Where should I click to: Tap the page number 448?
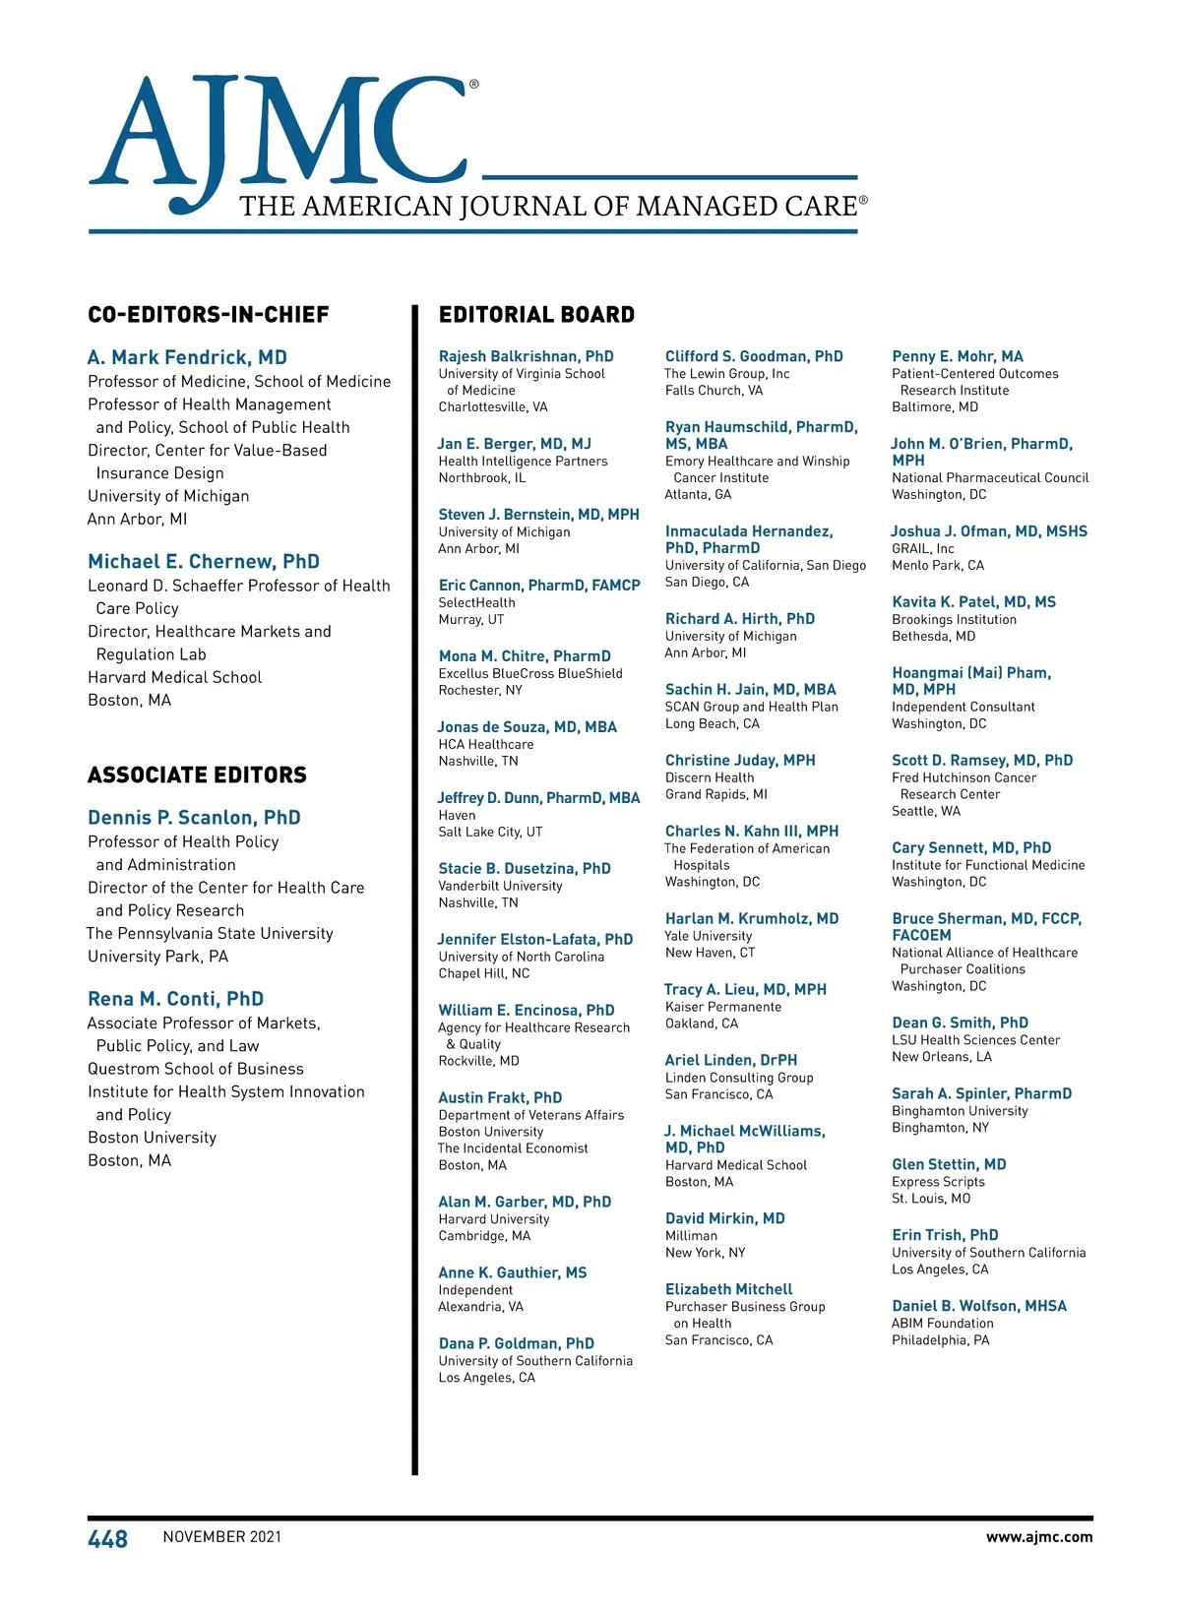click(107, 1539)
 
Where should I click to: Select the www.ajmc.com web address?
click(1038, 1537)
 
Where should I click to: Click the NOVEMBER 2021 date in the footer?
click(221, 1537)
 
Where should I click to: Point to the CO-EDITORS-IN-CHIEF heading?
click(208, 315)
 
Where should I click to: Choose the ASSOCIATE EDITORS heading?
click(197, 775)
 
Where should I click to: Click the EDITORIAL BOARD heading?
click(536, 315)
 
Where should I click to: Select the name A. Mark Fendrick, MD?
click(187, 357)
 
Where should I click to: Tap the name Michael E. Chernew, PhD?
click(203, 562)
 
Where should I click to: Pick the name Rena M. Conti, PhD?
click(175, 999)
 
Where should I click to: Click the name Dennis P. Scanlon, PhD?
click(194, 818)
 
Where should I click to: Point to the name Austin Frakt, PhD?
click(500, 1097)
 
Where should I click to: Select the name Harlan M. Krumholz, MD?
click(752, 918)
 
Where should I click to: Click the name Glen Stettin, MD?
click(949, 1164)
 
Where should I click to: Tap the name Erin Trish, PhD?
click(945, 1235)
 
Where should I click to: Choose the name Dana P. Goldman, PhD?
click(516, 1343)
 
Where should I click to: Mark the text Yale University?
click(708, 936)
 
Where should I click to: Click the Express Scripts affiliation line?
click(938, 1182)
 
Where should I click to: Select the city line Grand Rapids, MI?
click(715, 795)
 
